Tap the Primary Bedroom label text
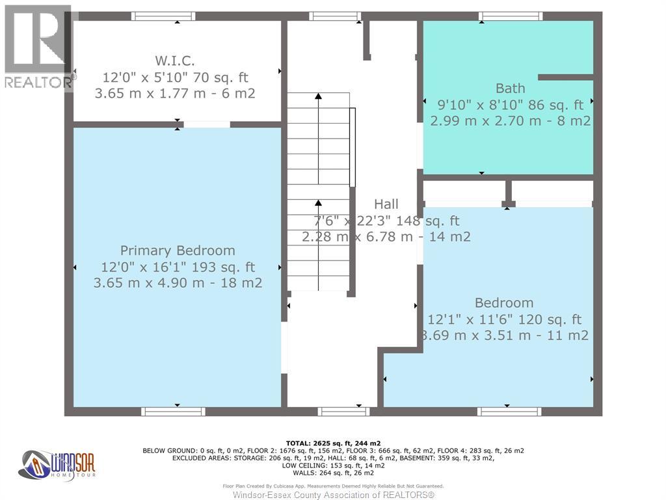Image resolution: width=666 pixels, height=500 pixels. coord(178,251)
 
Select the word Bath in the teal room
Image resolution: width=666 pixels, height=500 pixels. coord(510,89)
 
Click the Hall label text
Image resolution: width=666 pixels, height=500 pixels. coord(386,204)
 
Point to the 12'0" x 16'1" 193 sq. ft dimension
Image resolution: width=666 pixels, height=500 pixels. coord(178,267)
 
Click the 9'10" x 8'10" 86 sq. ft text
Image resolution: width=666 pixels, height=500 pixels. coord(510,105)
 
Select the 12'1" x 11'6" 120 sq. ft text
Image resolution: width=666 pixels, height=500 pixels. coord(504,320)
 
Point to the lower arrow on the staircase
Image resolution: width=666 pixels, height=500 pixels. coord(318,204)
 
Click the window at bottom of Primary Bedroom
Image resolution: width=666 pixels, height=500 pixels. coord(174,411)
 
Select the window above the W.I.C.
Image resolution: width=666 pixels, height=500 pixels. coord(163,16)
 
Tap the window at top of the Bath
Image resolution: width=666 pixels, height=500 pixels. coord(511,16)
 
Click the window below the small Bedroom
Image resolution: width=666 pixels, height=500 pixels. coord(509,411)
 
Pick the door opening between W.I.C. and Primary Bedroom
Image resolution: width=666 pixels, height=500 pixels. coord(207,124)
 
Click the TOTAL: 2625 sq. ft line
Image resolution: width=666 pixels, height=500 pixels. coord(332,443)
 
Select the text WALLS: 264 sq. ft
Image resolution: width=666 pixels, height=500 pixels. coord(332,473)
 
